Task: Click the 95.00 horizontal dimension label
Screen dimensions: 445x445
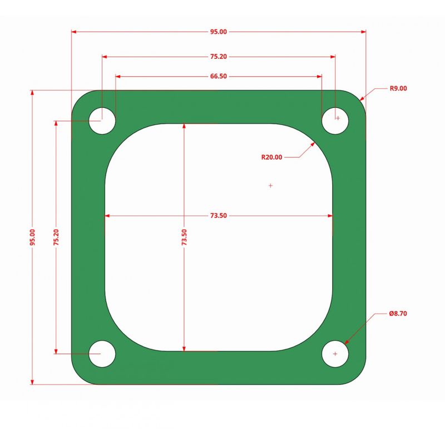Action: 219,32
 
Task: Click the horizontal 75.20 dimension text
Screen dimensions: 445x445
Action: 219,56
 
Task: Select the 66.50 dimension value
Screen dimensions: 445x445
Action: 219,76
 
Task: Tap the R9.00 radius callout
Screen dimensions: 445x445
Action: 398,88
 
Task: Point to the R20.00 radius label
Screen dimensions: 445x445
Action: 272,157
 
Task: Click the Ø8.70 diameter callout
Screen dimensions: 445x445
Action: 398,314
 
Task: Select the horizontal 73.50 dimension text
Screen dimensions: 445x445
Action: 219,215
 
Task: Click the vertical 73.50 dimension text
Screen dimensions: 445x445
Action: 184,238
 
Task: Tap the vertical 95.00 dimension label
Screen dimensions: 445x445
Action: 32,238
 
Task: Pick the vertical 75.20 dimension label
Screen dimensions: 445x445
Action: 56,238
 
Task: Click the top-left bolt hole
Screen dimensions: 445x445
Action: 102,120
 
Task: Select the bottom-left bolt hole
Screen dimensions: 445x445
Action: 102,354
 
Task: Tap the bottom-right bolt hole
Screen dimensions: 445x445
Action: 335,354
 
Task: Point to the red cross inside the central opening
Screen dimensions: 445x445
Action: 270,185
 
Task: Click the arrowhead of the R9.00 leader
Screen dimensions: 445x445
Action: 362,98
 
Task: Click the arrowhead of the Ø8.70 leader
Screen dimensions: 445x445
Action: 347,342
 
